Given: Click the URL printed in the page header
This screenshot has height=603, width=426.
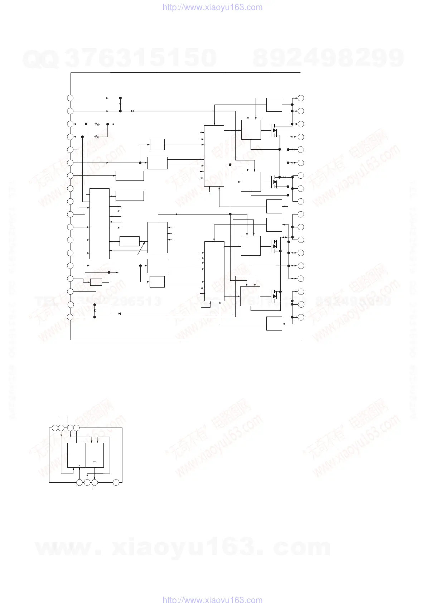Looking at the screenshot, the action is [x=212, y=7].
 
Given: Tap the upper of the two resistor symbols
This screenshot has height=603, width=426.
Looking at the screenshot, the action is [x=97, y=124].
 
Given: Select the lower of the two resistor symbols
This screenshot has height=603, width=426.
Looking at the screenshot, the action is [x=97, y=137].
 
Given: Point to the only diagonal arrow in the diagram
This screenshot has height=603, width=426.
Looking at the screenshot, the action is [x=142, y=248].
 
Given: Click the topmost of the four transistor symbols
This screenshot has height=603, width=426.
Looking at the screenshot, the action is [x=275, y=130].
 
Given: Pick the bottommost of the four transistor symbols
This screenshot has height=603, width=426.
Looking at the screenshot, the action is [x=275, y=296].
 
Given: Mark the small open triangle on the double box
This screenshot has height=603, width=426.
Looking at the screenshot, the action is [x=79, y=466].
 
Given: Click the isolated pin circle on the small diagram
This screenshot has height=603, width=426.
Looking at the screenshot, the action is [x=116, y=483].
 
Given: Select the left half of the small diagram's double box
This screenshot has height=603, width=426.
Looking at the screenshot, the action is [x=76, y=455].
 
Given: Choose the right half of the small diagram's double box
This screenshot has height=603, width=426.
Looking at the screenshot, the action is [x=95, y=455].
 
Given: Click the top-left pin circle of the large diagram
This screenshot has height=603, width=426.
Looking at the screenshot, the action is [x=71, y=98].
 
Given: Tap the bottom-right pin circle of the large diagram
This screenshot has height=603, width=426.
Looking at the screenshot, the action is [x=301, y=317].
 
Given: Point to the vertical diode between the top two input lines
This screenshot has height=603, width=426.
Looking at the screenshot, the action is [x=120, y=104].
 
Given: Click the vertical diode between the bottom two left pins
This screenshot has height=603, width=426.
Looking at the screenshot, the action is [x=95, y=311].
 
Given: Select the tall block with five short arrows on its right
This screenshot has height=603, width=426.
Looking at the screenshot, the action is [x=100, y=223].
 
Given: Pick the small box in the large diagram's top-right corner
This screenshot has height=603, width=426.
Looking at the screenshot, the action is [x=274, y=105].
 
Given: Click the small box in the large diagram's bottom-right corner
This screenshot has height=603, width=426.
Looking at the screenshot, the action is [x=274, y=324].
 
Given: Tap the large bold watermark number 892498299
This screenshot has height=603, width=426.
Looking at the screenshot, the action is [x=328, y=58].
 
